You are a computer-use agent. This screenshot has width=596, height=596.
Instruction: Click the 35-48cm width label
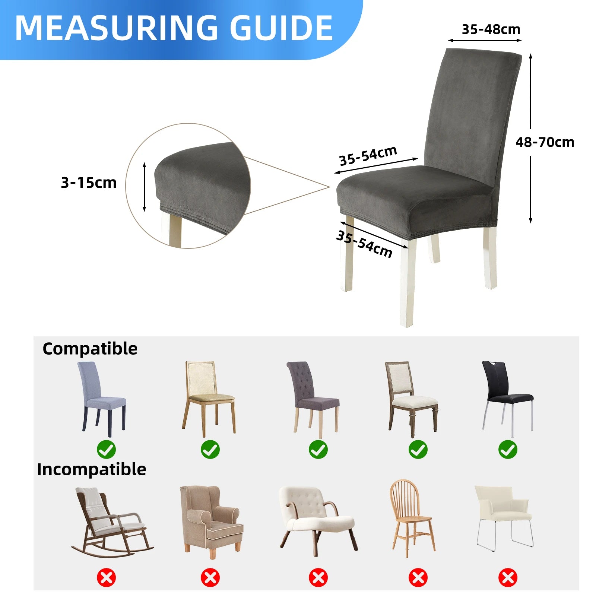point(491,29)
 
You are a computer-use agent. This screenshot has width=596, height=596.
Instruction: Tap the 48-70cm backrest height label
point(545,142)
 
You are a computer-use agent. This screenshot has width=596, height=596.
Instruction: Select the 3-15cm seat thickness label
point(89,183)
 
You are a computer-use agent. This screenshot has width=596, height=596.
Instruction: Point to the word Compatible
point(90,349)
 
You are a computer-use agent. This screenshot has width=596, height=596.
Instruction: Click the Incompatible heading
point(91,469)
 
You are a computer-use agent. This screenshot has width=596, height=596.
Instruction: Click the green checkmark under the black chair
point(508,449)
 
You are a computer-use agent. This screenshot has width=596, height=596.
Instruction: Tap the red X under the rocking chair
point(106,578)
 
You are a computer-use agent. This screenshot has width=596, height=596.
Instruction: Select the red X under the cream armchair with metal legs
point(508,578)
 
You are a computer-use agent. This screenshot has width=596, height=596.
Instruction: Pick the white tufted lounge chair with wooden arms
point(317,518)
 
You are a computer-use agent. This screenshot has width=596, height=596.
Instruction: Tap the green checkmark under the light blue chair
point(106,449)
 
